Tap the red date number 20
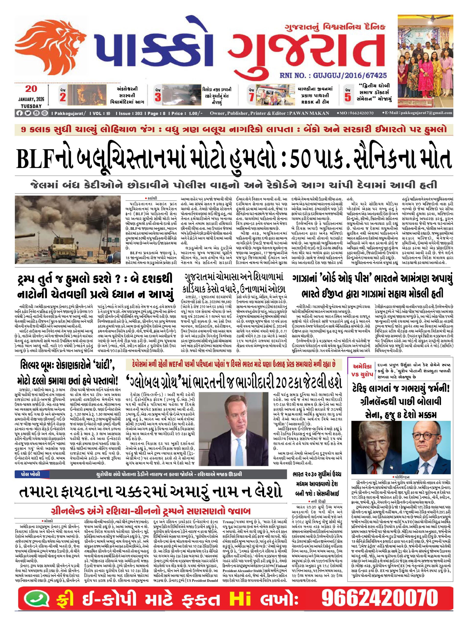(x=31, y=89)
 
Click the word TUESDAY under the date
(x=31, y=106)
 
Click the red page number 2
(x=63, y=97)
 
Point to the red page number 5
(x=347, y=97)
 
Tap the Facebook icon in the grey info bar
(x=19, y=113)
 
